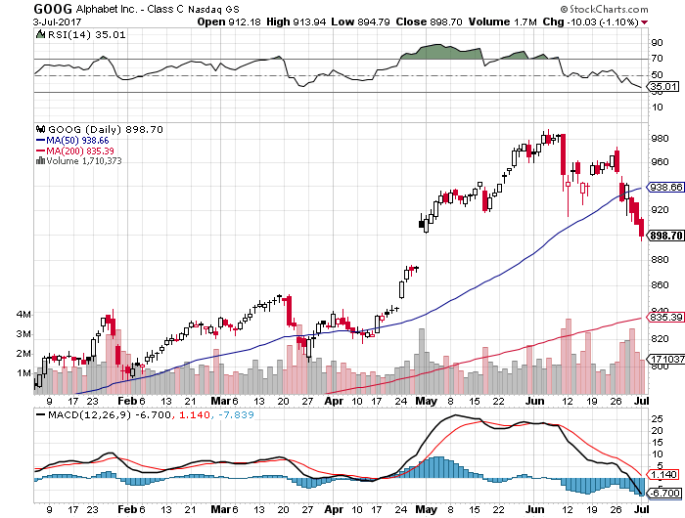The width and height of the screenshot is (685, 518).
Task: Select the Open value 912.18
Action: click(237, 21)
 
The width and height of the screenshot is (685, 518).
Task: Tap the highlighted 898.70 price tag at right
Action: click(662, 236)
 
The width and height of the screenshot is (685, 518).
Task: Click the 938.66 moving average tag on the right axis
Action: click(662, 187)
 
